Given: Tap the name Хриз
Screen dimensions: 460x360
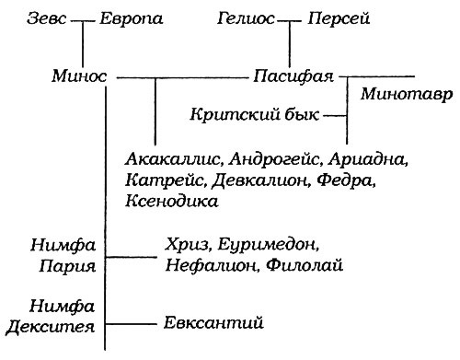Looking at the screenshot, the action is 186,245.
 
